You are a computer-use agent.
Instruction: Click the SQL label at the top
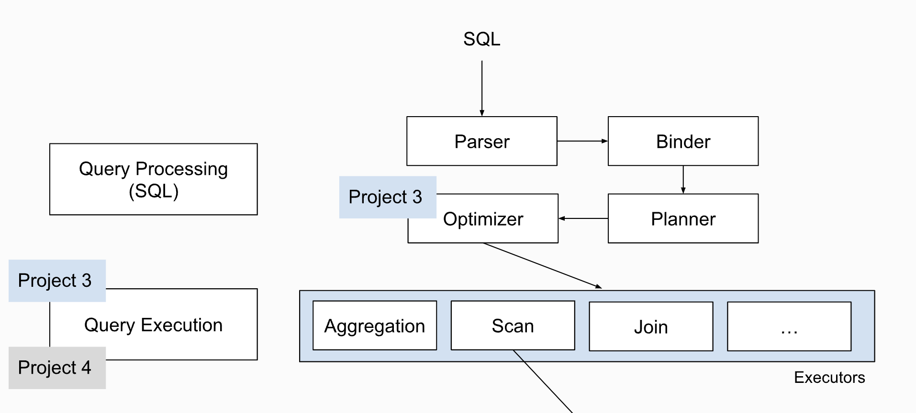coord(481,39)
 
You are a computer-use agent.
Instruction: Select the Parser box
coord(481,141)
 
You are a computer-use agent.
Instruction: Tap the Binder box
coord(683,141)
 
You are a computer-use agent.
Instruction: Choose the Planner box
coord(683,219)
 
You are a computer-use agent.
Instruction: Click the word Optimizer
coord(483,219)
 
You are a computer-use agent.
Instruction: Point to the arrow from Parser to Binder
coord(582,141)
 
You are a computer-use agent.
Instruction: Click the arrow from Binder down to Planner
coord(683,179)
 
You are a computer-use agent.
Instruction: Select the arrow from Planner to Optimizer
coord(583,218)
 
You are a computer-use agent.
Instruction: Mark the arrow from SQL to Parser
coord(481,88)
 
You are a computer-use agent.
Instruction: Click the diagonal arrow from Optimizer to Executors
coord(542,265)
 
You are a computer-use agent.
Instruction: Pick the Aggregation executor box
coord(374,326)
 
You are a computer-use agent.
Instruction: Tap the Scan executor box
coord(513,326)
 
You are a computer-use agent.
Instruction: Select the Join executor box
coord(651,327)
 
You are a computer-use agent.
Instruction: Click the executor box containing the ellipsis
coord(789,327)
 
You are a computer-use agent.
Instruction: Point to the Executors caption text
coord(829,378)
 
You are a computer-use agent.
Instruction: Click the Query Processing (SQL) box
coord(153,180)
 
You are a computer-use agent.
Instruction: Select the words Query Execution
coord(153,325)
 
